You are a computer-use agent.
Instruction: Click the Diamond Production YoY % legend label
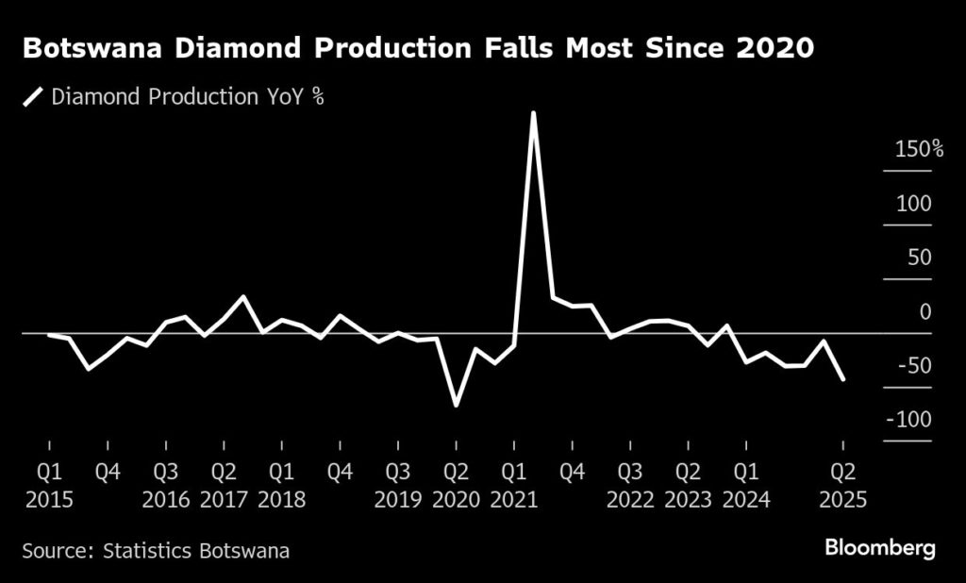pos(188,95)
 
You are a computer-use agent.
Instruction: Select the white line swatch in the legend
pos(34,95)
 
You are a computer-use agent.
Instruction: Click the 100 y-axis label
pos(913,204)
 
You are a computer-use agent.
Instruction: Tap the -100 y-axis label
pos(908,420)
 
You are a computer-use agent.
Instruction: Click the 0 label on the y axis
pos(925,311)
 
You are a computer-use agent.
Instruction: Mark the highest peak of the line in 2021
pos(534,113)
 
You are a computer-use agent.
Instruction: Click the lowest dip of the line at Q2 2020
pos(457,406)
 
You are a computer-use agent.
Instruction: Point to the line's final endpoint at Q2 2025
pos(842,379)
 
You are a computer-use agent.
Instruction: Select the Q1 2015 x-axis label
pos(49,483)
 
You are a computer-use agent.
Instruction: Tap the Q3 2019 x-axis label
pos(398,483)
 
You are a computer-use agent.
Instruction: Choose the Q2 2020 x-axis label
pos(457,483)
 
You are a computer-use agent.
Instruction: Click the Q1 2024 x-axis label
pos(746,483)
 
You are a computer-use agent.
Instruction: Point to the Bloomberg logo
pos(880,547)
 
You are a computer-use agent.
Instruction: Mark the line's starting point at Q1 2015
pos(49,335)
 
